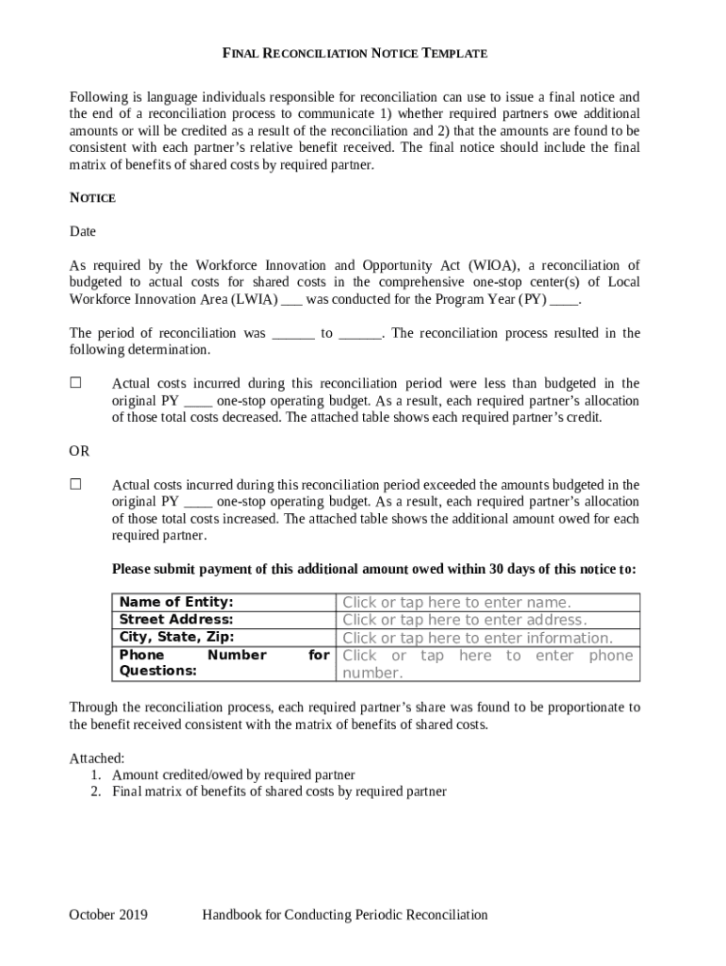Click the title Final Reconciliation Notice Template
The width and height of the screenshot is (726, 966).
[x=355, y=54]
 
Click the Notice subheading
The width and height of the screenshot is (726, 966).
[x=92, y=198]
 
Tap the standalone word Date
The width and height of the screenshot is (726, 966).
[x=83, y=231]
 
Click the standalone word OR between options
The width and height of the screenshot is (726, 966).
[x=80, y=452]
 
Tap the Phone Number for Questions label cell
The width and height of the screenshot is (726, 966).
[x=223, y=662]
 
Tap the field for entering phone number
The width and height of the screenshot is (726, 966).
[x=487, y=663]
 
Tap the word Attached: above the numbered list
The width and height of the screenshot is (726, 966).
[x=97, y=758]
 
